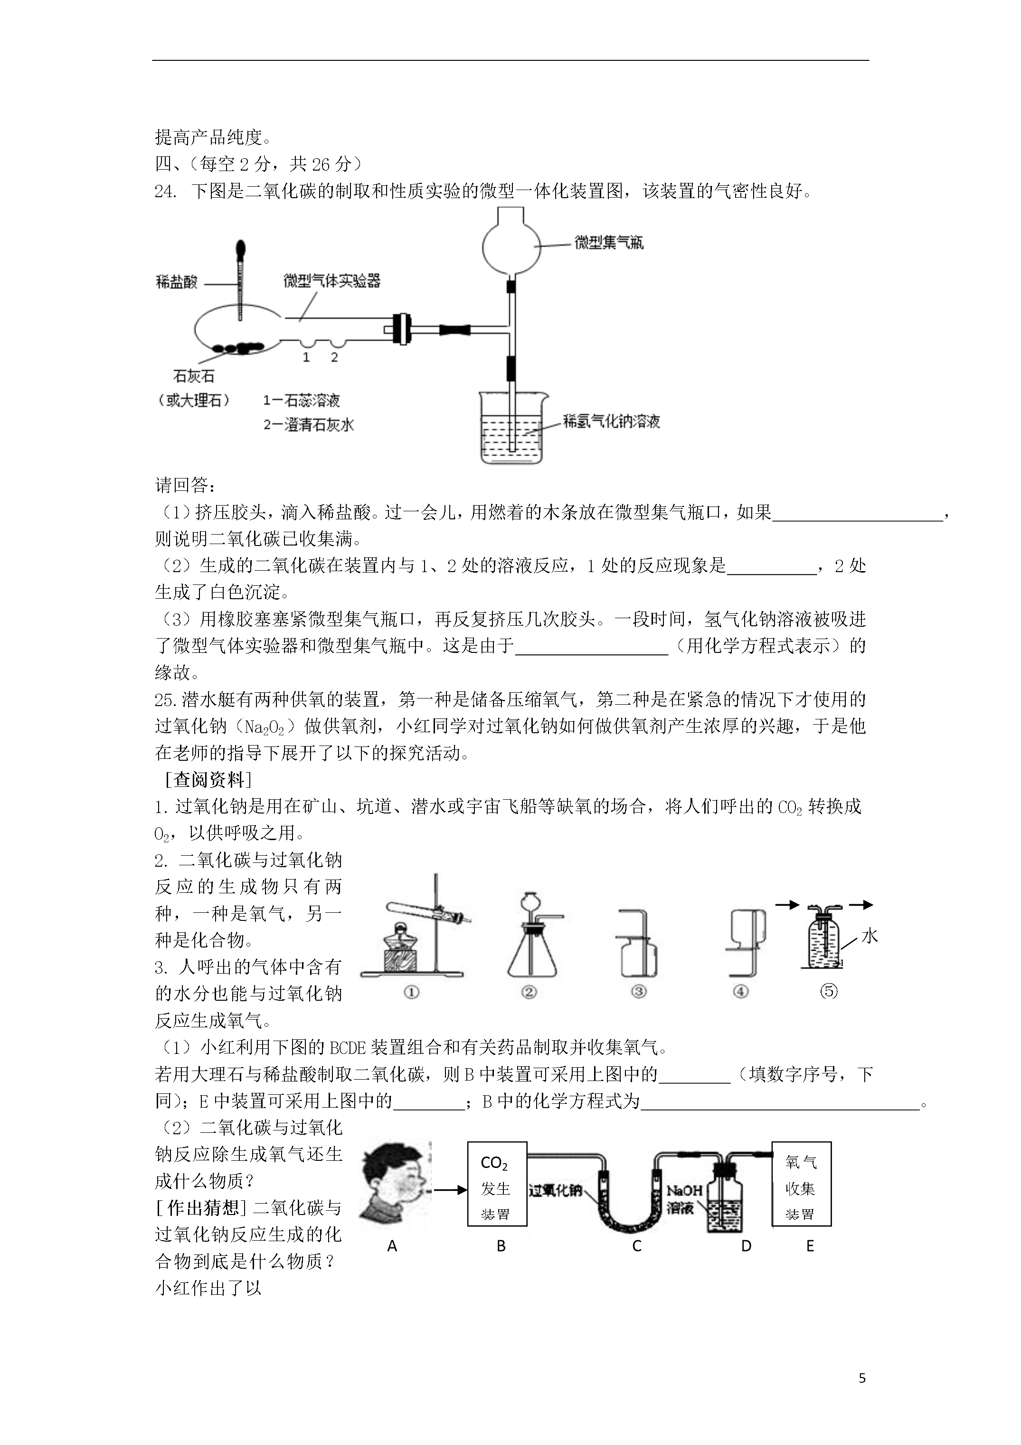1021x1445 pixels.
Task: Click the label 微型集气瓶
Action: click(609, 242)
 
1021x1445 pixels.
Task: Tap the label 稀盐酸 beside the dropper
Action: click(177, 281)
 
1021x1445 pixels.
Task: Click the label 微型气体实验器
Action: click(332, 281)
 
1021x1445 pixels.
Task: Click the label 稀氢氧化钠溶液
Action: click(612, 421)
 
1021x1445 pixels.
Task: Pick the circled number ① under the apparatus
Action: click(411, 993)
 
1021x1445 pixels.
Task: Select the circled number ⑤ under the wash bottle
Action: click(829, 991)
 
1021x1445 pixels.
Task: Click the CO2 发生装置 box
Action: click(497, 1184)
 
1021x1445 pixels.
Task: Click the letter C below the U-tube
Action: click(637, 1246)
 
